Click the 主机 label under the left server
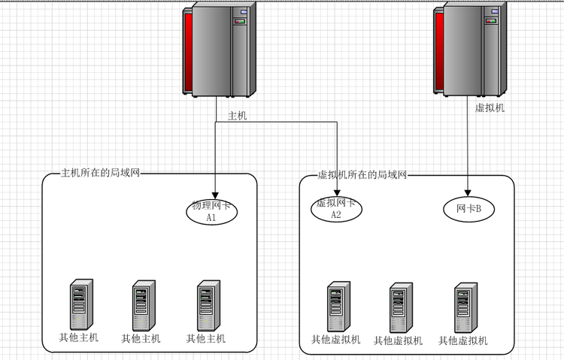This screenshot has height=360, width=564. point(238,116)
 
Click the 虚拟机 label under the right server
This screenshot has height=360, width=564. point(490,108)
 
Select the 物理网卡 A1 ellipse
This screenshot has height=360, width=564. point(211,211)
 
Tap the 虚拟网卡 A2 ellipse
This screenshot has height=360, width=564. point(336,209)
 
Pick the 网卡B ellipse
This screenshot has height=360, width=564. point(469,208)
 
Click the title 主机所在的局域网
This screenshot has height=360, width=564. point(100,174)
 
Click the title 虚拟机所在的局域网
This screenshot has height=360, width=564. point(362,174)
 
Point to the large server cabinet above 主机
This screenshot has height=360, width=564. point(220,50)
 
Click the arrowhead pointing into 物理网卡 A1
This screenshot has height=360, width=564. point(216,194)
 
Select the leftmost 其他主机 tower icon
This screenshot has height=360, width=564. point(80,304)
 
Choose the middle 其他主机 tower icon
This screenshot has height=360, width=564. point(143,305)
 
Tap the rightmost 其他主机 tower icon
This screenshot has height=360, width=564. point(208,305)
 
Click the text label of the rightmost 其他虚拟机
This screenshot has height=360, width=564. point(463,340)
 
